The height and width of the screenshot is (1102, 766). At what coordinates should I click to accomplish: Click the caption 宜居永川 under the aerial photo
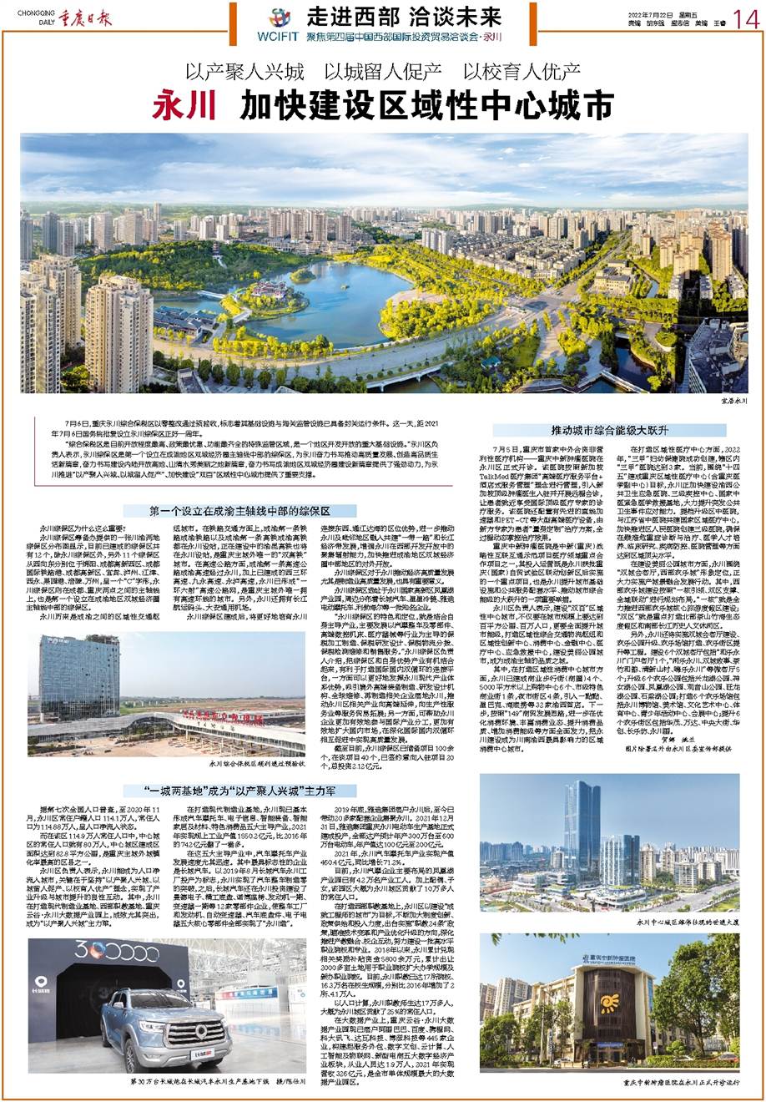730,401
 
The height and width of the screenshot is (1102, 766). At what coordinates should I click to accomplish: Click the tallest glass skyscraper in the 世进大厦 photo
584,827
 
